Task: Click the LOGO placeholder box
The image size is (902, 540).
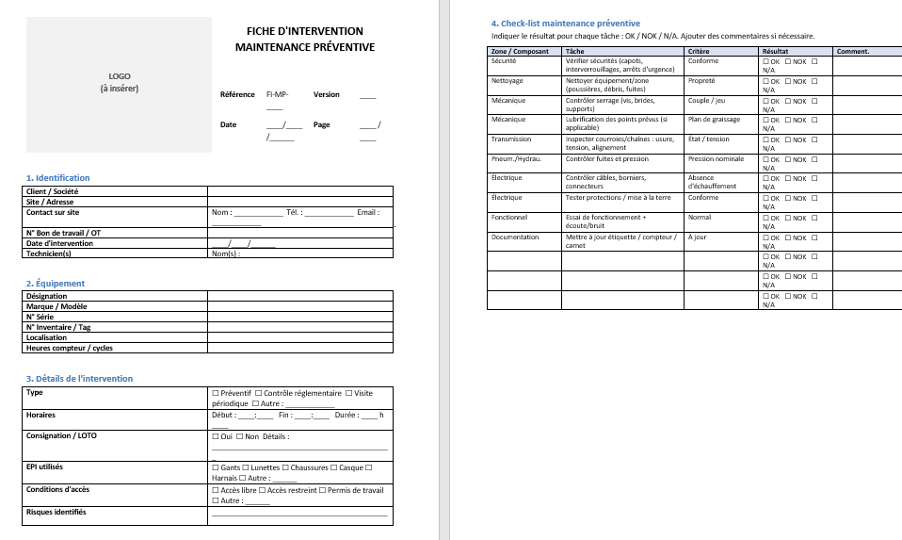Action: [119, 82]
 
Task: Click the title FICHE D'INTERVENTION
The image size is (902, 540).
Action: [304, 31]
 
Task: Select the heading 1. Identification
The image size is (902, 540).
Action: [58, 177]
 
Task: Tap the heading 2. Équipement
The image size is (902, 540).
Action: [56, 283]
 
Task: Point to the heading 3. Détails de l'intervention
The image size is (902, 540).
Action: [80, 379]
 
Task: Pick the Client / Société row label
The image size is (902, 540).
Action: [53, 191]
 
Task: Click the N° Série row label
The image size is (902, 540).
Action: [41, 317]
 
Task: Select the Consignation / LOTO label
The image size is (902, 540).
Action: [61, 435]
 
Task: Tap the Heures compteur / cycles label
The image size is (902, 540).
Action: [70, 348]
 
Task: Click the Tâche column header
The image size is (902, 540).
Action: [574, 51]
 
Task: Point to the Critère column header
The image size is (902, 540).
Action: [699, 51]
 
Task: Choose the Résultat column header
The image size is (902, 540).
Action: [775, 51]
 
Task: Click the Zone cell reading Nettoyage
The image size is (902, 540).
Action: [507, 81]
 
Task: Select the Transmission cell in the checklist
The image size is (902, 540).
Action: [511, 139]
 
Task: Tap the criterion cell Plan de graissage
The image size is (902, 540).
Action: [714, 120]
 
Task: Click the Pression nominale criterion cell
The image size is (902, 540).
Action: [717, 158]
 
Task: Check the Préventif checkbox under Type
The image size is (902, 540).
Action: [216, 393]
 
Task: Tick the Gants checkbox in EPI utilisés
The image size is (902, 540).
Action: [216, 467]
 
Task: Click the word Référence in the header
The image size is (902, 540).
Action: [237, 94]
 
